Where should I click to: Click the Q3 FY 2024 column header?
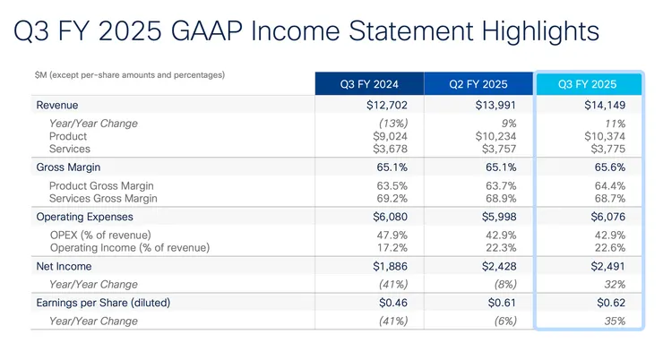tap(369, 84)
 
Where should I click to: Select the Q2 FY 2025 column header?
tap(478, 84)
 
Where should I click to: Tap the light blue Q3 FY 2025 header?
tap(588, 84)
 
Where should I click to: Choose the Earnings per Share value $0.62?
tap(609, 302)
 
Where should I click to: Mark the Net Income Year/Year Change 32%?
tap(615, 284)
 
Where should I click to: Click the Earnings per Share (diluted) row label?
tap(103, 302)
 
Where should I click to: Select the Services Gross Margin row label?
tap(103, 197)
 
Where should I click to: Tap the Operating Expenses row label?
tap(86, 217)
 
